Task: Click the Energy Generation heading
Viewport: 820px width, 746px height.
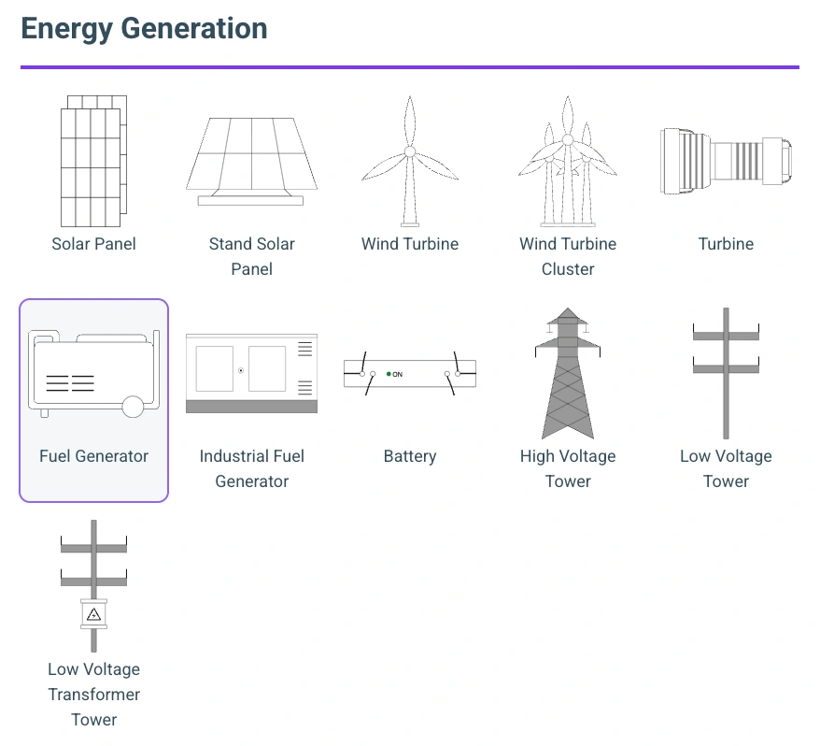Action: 144,29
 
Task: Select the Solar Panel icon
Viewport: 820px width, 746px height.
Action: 93,160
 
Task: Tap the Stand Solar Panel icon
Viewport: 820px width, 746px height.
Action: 251,161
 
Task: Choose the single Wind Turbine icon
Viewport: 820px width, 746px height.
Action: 409,161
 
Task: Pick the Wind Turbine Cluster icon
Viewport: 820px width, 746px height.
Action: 568,161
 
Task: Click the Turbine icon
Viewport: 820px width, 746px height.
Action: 726,161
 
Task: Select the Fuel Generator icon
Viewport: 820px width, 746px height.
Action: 93,373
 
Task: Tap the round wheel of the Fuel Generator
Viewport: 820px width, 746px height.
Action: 133,406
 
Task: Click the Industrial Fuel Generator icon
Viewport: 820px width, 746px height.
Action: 251,373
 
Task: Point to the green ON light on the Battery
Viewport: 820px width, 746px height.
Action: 389,374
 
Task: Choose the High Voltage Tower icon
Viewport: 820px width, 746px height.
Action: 568,373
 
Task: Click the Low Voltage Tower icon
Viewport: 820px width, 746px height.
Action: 726,373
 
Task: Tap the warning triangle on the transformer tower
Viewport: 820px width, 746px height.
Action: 93,614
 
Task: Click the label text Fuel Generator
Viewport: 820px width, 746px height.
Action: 93,456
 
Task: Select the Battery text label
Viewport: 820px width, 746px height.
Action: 409,456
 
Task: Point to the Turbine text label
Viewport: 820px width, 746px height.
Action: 726,244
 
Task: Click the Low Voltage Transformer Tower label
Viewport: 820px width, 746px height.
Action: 93,695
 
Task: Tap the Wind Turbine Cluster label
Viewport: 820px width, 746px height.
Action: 568,256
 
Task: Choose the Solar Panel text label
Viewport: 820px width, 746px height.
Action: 93,244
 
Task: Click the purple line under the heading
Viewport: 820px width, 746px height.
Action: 409,67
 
